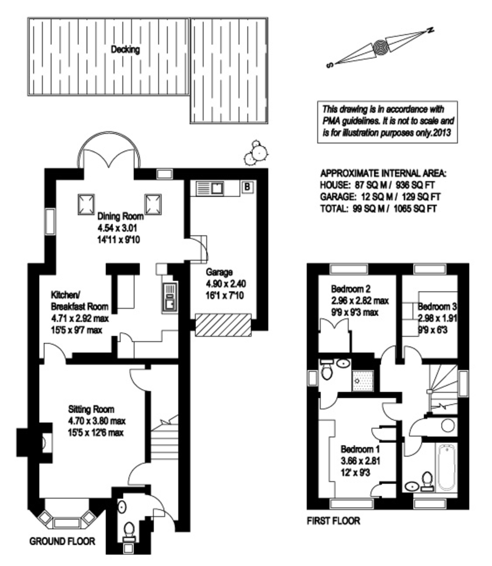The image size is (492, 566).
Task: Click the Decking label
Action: coord(125,49)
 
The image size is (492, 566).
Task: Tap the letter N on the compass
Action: coord(430,30)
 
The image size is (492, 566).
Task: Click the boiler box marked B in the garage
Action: coord(247,187)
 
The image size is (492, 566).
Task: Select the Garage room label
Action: coord(219,272)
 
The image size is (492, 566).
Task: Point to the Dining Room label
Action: coord(121,217)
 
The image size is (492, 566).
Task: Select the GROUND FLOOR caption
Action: coord(62,541)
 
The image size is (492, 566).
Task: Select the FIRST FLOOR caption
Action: coord(333,521)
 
